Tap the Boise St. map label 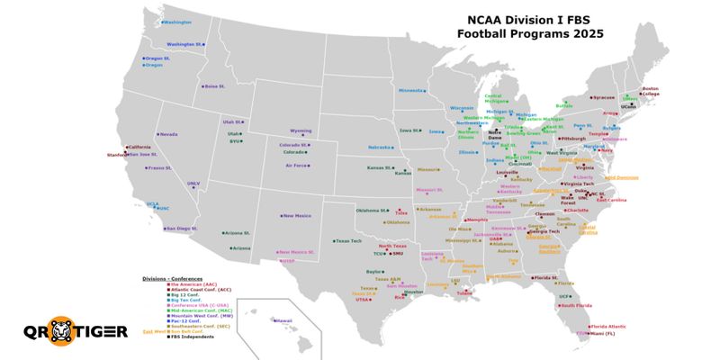213,86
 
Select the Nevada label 169,134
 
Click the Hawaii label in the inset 283,320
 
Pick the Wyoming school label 301,130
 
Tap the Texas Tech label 349,240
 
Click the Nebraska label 380,147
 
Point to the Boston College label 650,91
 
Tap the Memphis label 477,220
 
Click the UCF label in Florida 564,296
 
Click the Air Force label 297,166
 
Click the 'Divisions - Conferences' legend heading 172,279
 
